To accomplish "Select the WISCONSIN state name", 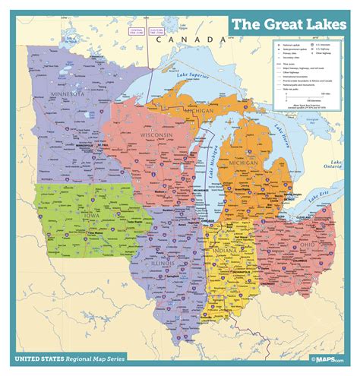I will [156, 136].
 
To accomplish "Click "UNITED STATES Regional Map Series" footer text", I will [76, 356].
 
